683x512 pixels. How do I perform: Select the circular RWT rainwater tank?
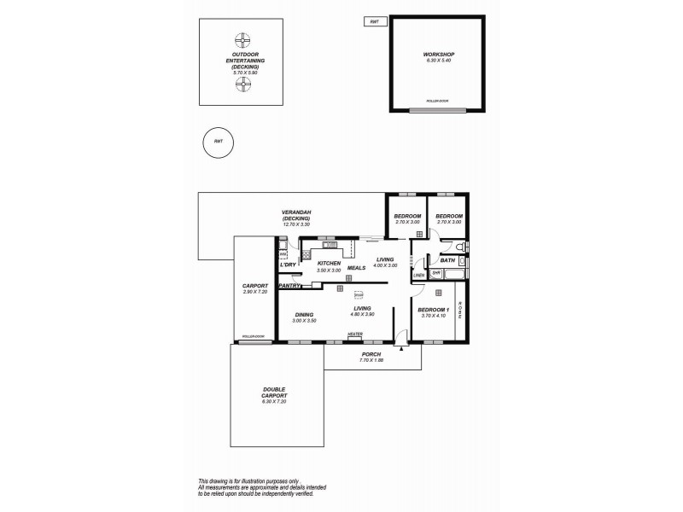click(x=219, y=143)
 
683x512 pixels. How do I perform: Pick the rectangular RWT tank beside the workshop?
click(x=373, y=21)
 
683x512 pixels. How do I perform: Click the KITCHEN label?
click(x=329, y=264)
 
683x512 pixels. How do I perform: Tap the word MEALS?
click(x=356, y=268)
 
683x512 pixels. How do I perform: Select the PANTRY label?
click(x=289, y=286)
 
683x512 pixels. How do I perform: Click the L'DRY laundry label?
click(x=287, y=265)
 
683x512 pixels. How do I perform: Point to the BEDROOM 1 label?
click(x=434, y=310)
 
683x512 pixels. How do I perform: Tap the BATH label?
click(x=447, y=260)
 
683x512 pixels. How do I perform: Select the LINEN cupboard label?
click(x=418, y=276)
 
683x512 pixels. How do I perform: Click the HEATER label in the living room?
click(x=354, y=335)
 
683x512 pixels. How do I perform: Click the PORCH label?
click(x=371, y=354)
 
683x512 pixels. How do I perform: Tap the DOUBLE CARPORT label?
click(x=274, y=397)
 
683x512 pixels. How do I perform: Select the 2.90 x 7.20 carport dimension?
click(x=254, y=292)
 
